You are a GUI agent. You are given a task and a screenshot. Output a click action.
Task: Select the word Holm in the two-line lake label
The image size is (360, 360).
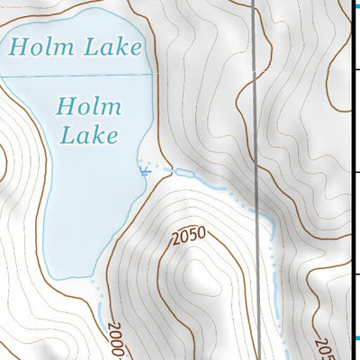[87, 106]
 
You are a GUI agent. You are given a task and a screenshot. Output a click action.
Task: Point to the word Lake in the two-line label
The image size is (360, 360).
[87, 136]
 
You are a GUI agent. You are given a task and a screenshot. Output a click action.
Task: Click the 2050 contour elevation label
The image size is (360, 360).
[188, 237]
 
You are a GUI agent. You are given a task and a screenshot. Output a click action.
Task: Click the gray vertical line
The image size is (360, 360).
[258, 108]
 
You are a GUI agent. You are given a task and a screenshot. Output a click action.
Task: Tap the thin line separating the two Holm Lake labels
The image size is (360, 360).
[72, 75]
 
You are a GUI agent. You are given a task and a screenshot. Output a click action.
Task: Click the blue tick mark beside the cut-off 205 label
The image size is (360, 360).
[347, 337]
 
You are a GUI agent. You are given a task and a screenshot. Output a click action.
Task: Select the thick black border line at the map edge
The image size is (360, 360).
[351, 180]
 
